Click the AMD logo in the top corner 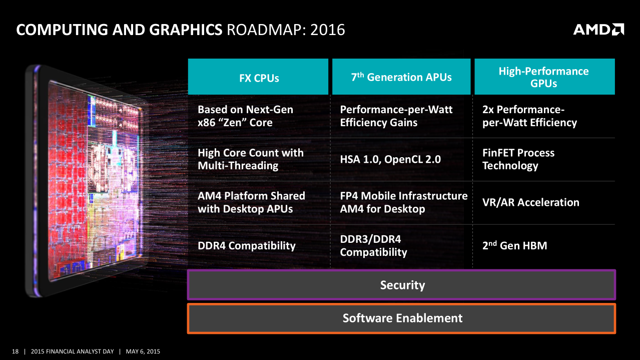(x=598, y=30)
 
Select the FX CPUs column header (x=258, y=78)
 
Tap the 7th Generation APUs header (x=401, y=77)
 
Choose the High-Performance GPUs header (x=543, y=77)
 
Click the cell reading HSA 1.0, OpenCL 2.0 (x=390, y=159)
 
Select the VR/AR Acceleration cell (x=530, y=202)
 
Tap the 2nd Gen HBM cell (x=514, y=245)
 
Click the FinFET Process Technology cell (x=518, y=159)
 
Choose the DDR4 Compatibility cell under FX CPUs (x=246, y=245)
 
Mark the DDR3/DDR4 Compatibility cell (x=373, y=245)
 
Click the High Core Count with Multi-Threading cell (x=250, y=159)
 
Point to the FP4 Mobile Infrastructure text (x=403, y=196)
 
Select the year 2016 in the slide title (x=328, y=30)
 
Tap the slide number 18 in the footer (x=15, y=351)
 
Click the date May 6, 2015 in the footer (x=143, y=351)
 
